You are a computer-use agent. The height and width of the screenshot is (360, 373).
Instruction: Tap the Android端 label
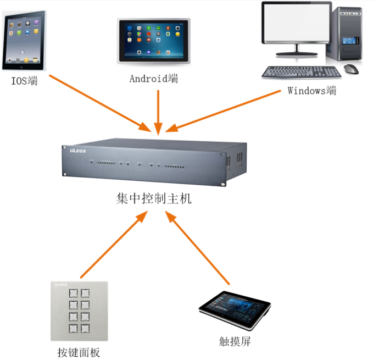(154, 79)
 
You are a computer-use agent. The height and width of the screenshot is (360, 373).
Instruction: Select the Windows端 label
(311, 91)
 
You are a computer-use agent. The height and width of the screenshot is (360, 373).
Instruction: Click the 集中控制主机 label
(154, 198)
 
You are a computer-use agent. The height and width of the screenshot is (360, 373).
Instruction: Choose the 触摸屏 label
(235, 342)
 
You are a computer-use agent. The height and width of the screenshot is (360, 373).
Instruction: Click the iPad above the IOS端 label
(24, 42)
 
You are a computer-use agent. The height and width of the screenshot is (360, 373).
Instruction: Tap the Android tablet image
(154, 41)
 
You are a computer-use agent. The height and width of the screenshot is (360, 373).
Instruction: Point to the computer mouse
(351, 69)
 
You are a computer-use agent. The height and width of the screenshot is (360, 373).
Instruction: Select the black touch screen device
(235, 311)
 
